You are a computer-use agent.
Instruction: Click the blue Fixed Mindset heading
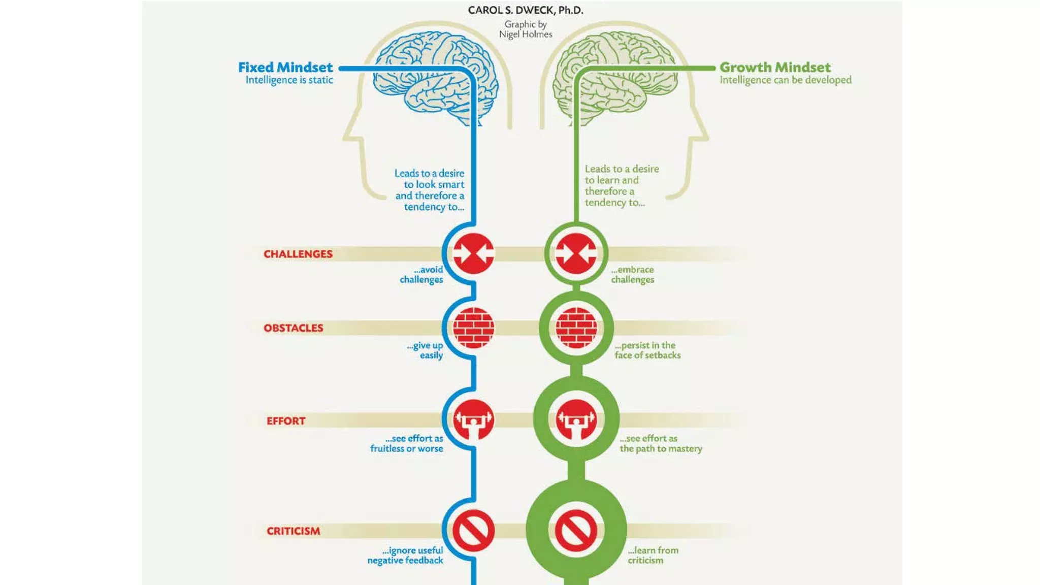(285, 67)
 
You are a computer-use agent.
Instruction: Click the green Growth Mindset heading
(775, 67)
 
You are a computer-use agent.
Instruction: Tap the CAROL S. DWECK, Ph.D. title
(526, 10)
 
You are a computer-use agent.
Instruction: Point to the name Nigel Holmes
(526, 35)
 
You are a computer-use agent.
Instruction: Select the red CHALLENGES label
(298, 254)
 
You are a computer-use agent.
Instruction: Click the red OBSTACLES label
(293, 328)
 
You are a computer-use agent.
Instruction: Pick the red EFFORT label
(286, 421)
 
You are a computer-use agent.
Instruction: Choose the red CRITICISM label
(294, 531)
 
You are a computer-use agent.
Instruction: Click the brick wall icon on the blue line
(473, 328)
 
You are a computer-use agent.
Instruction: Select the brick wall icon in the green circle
(576, 328)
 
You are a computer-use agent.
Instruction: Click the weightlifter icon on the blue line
(473, 420)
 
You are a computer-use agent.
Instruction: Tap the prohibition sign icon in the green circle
(576, 531)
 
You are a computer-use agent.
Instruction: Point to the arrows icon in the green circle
(576, 253)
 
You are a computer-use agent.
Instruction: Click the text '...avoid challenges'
(422, 275)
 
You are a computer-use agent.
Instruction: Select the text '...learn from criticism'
(653, 555)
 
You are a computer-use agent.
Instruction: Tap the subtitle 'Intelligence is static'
(289, 80)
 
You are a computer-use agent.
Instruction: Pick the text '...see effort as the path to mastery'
(660, 443)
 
